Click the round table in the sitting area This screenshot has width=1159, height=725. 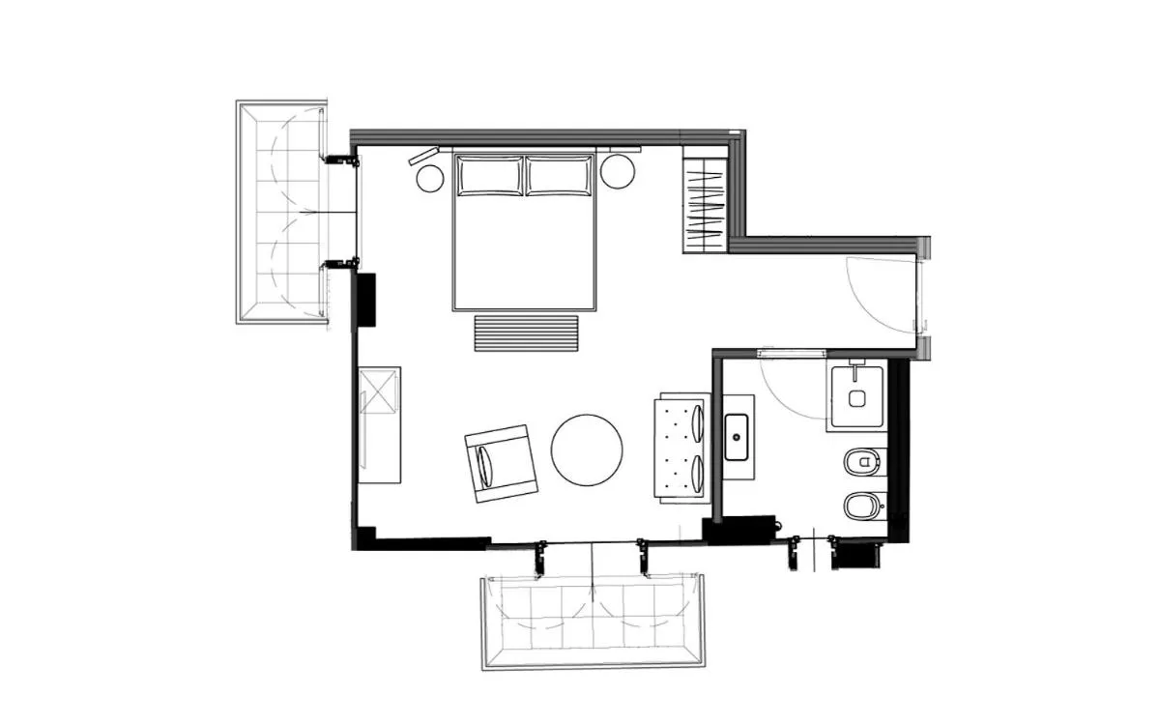pos(586,450)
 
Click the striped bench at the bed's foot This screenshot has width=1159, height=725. pos(526,333)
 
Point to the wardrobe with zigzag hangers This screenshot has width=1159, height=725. pos(703,204)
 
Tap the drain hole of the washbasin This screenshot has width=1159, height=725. pos(738,437)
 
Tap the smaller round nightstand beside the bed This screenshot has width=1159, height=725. pos(429,177)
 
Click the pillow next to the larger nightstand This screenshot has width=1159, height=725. pos(559,175)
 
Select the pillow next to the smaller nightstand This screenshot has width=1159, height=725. pos(489,175)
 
